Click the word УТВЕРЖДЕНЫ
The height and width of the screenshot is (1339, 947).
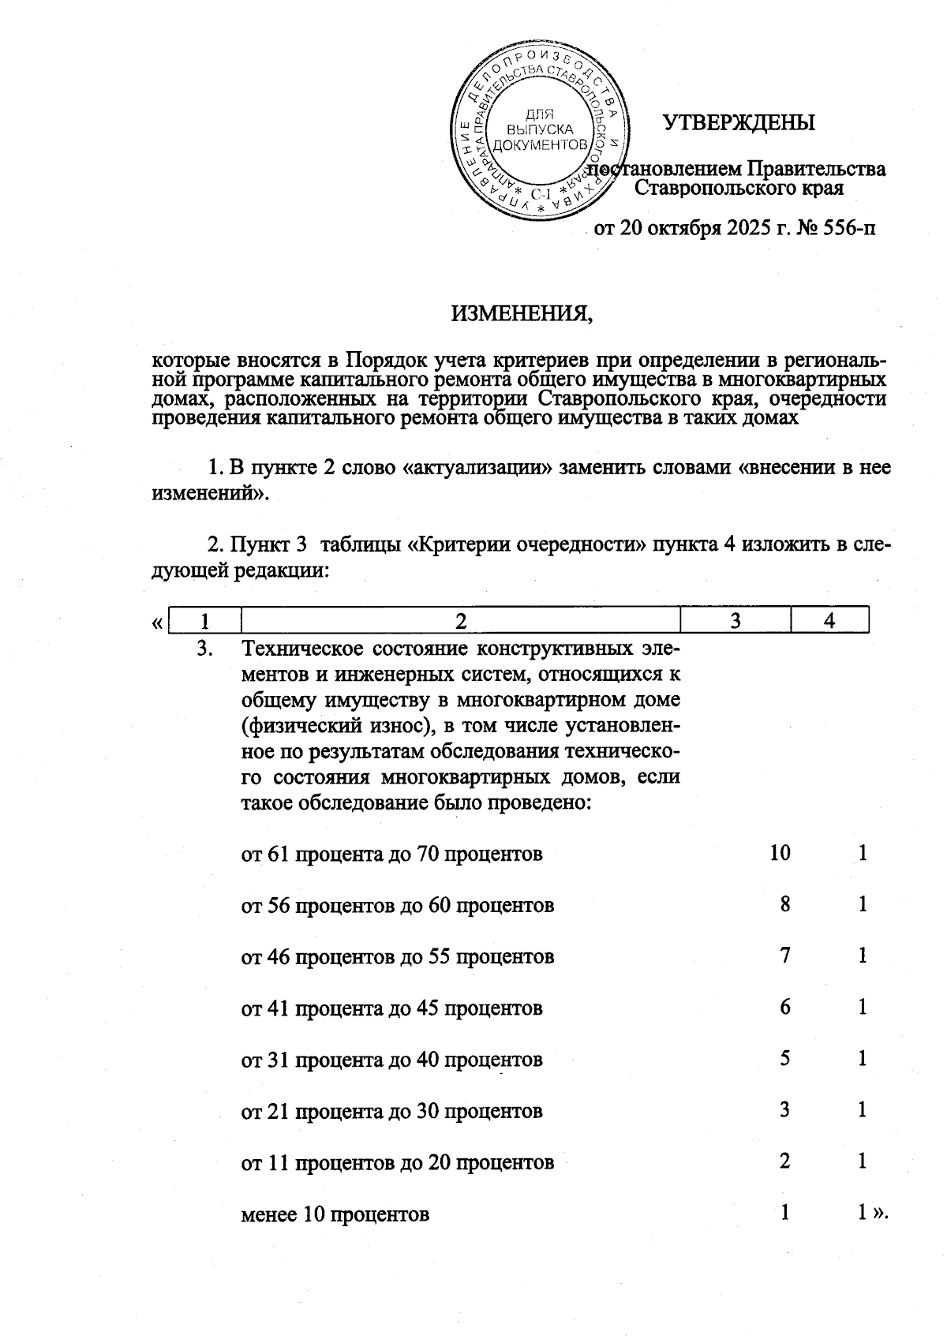[738, 123]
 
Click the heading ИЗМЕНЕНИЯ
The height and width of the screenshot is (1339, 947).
[522, 314]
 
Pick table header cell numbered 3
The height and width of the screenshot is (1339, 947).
[735, 621]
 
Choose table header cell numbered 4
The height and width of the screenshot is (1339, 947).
[829, 621]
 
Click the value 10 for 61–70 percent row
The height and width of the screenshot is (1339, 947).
[780, 853]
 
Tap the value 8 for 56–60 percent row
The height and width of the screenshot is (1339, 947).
[784, 904]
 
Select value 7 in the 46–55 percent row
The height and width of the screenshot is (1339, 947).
[784, 956]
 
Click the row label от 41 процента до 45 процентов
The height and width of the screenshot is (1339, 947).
[391, 1008]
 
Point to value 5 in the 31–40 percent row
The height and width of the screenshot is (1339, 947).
[784, 1058]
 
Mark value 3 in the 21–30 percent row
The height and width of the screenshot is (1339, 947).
[784, 1110]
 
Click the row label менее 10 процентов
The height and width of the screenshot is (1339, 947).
[335, 1214]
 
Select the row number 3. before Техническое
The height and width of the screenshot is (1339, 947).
[205, 649]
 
